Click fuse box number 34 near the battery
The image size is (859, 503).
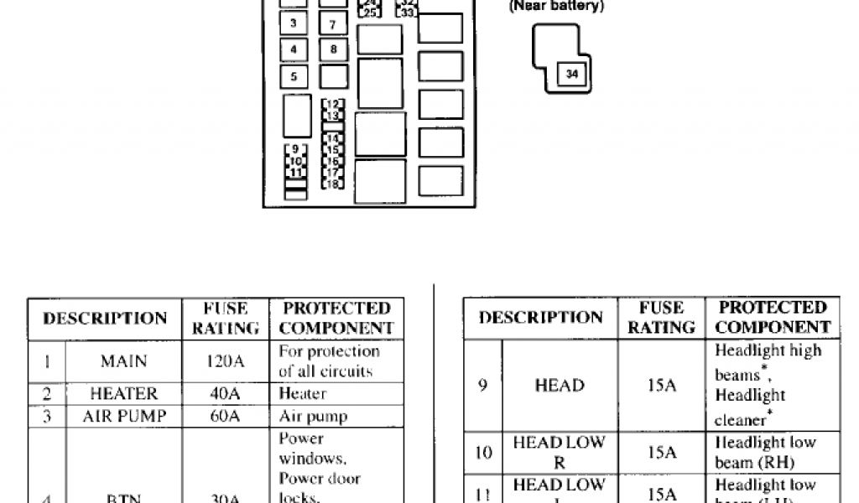tap(572, 75)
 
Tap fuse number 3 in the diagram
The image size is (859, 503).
tap(293, 23)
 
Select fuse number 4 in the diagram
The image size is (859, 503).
tap(293, 49)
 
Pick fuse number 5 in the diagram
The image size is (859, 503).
tap(293, 77)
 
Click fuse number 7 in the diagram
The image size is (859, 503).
tap(333, 25)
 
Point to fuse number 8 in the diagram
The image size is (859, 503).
tap(333, 49)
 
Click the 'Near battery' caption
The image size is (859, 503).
tap(556, 7)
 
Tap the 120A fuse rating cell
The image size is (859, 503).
tap(225, 362)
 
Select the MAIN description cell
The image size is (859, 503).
tap(123, 362)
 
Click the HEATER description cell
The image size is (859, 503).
tap(123, 393)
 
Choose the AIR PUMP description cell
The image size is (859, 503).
tap(123, 416)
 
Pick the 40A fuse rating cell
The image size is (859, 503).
tap(225, 393)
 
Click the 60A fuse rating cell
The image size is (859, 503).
tap(225, 416)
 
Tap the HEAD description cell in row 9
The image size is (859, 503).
tap(560, 386)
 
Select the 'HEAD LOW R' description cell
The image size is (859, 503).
tap(560, 453)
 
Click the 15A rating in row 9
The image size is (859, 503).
tap(662, 386)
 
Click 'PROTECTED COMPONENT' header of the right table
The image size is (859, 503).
tap(773, 318)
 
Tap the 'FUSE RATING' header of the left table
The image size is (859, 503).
tap(226, 319)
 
